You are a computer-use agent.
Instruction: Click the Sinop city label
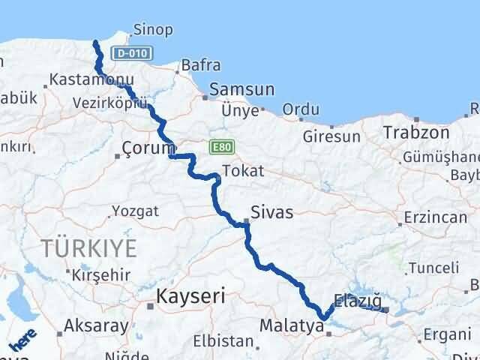[x=152, y=30]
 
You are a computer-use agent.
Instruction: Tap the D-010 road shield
[x=133, y=53]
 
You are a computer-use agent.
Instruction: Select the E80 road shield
[x=220, y=146]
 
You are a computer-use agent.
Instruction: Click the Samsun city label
[x=239, y=89]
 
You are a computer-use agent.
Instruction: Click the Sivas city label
[x=272, y=212]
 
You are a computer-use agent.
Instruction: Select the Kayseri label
[x=190, y=297]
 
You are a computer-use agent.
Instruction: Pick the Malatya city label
[x=289, y=327]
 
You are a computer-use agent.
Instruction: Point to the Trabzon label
[x=416, y=133]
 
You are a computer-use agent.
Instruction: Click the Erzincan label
[x=435, y=217]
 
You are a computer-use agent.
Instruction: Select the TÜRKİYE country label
[x=89, y=247]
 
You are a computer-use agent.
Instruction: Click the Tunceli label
[x=433, y=268]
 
